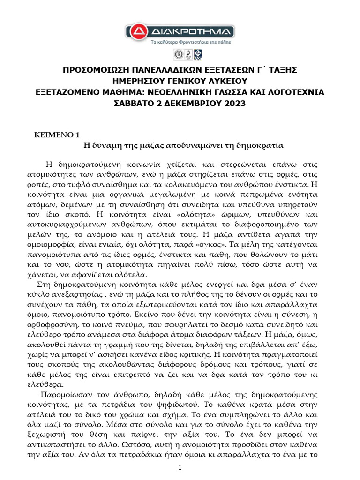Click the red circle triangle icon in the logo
tap(136, 31)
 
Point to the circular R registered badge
tap(179, 55)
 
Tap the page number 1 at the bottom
tap(180, 469)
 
